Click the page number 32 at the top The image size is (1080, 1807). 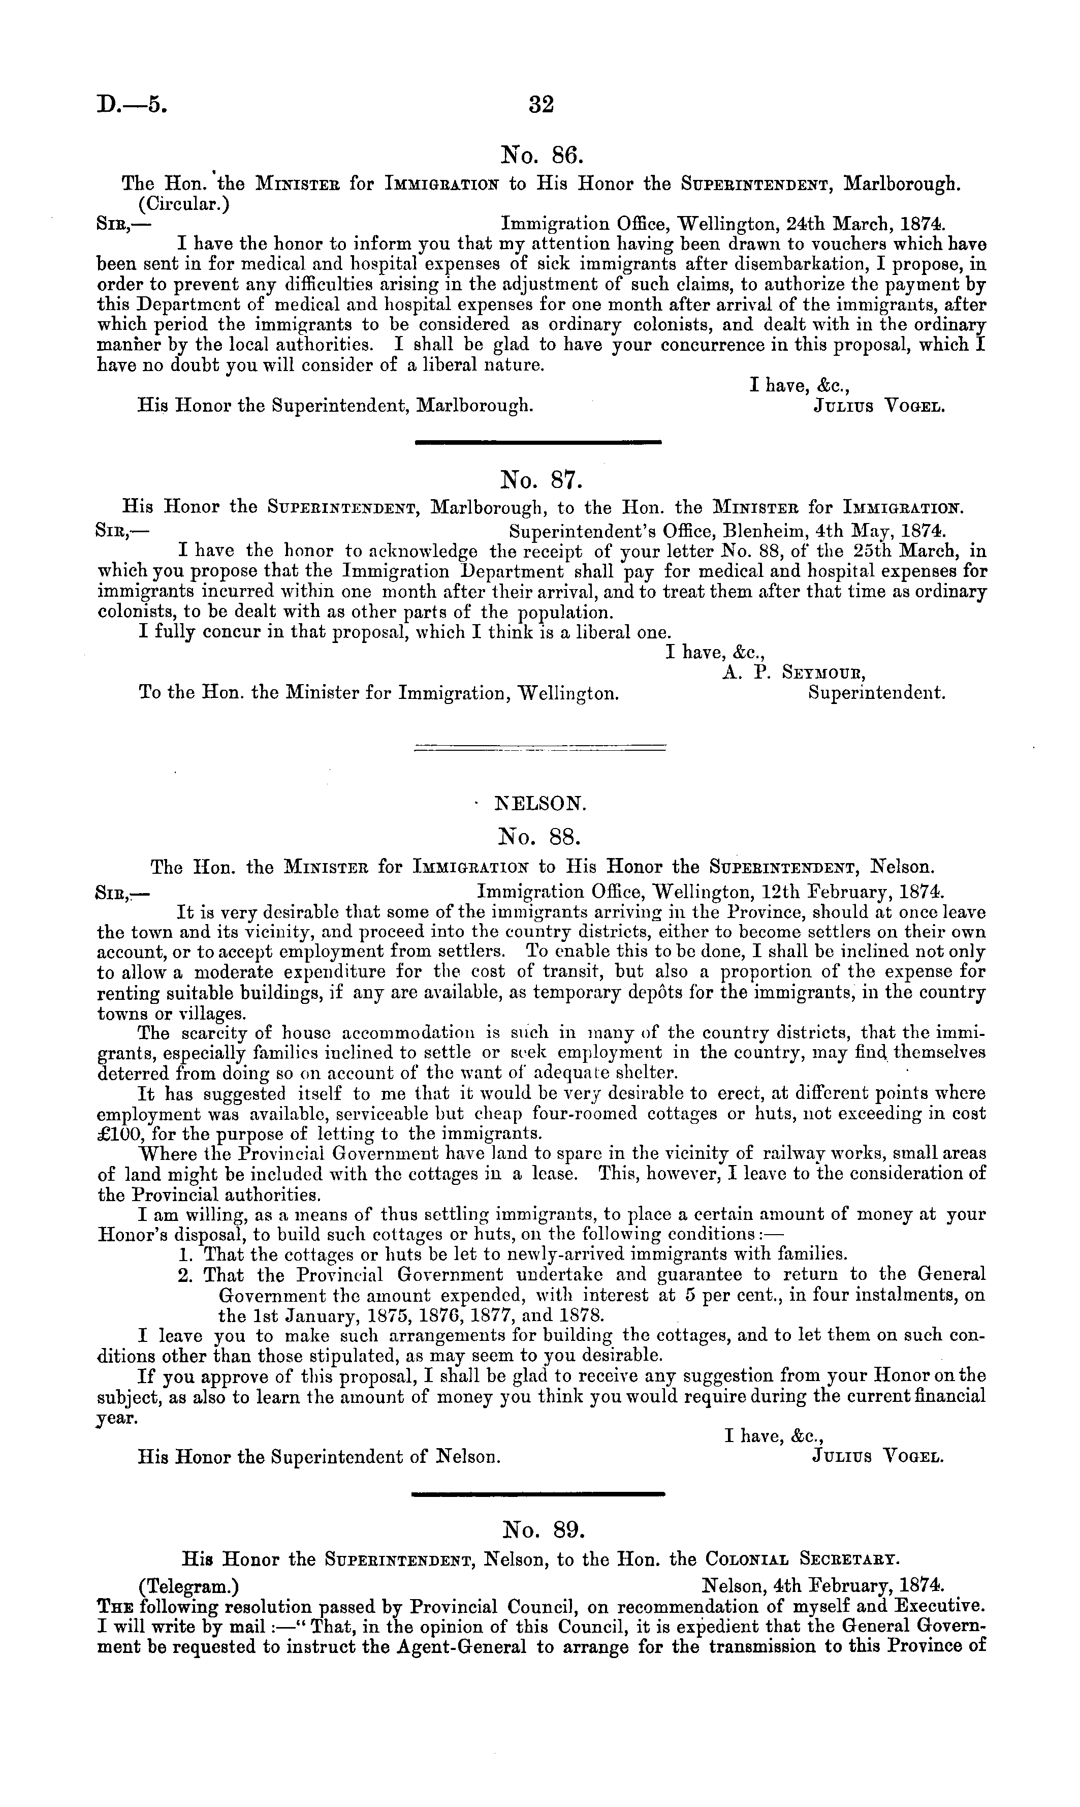tap(542, 105)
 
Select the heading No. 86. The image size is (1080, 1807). tap(539, 155)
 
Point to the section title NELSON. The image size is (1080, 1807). tap(540, 804)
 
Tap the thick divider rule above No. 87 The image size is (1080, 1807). tap(538, 441)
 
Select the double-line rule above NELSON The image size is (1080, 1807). tap(539, 747)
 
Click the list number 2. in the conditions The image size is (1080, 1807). tap(185, 1275)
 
